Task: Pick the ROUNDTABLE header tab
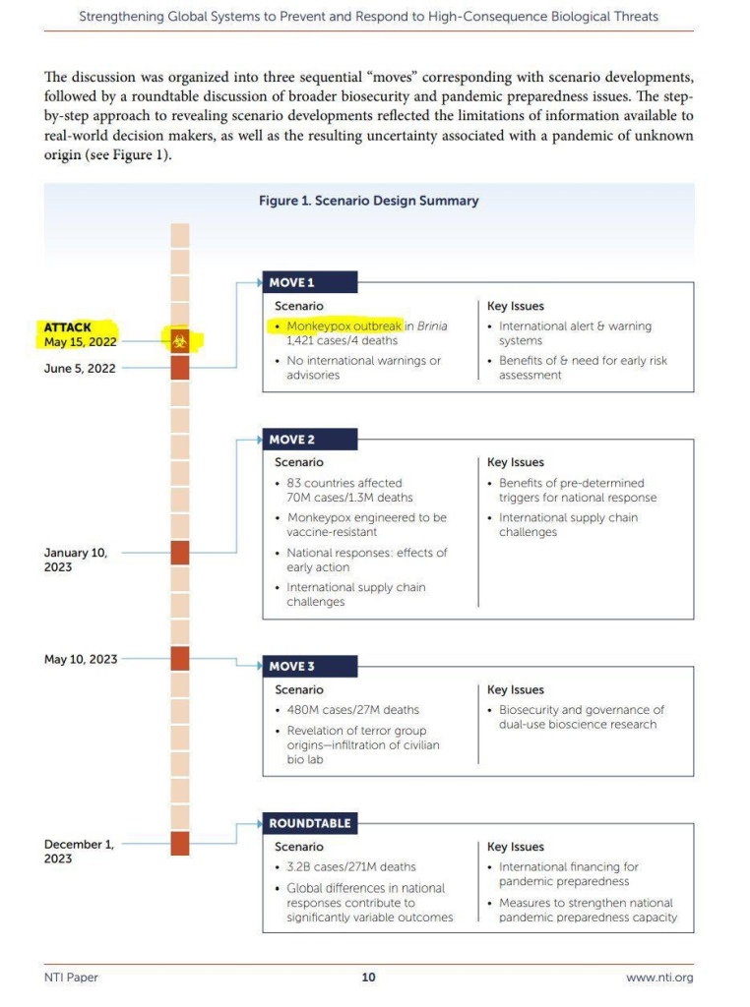[310, 823]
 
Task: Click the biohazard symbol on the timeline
[179, 341]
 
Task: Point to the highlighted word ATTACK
[68, 327]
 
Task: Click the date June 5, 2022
[80, 369]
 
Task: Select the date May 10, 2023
[81, 659]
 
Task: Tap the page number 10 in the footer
[368, 977]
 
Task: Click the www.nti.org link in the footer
[659, 977]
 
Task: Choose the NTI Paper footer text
[71, 977]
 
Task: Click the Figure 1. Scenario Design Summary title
[368, 201]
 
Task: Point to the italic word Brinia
[432, 326]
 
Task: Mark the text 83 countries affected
[344, 483]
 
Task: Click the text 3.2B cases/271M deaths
[351, 866]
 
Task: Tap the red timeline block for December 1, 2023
[179, 844]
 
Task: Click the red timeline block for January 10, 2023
[179, 553]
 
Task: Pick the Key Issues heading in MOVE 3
[516, 689]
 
